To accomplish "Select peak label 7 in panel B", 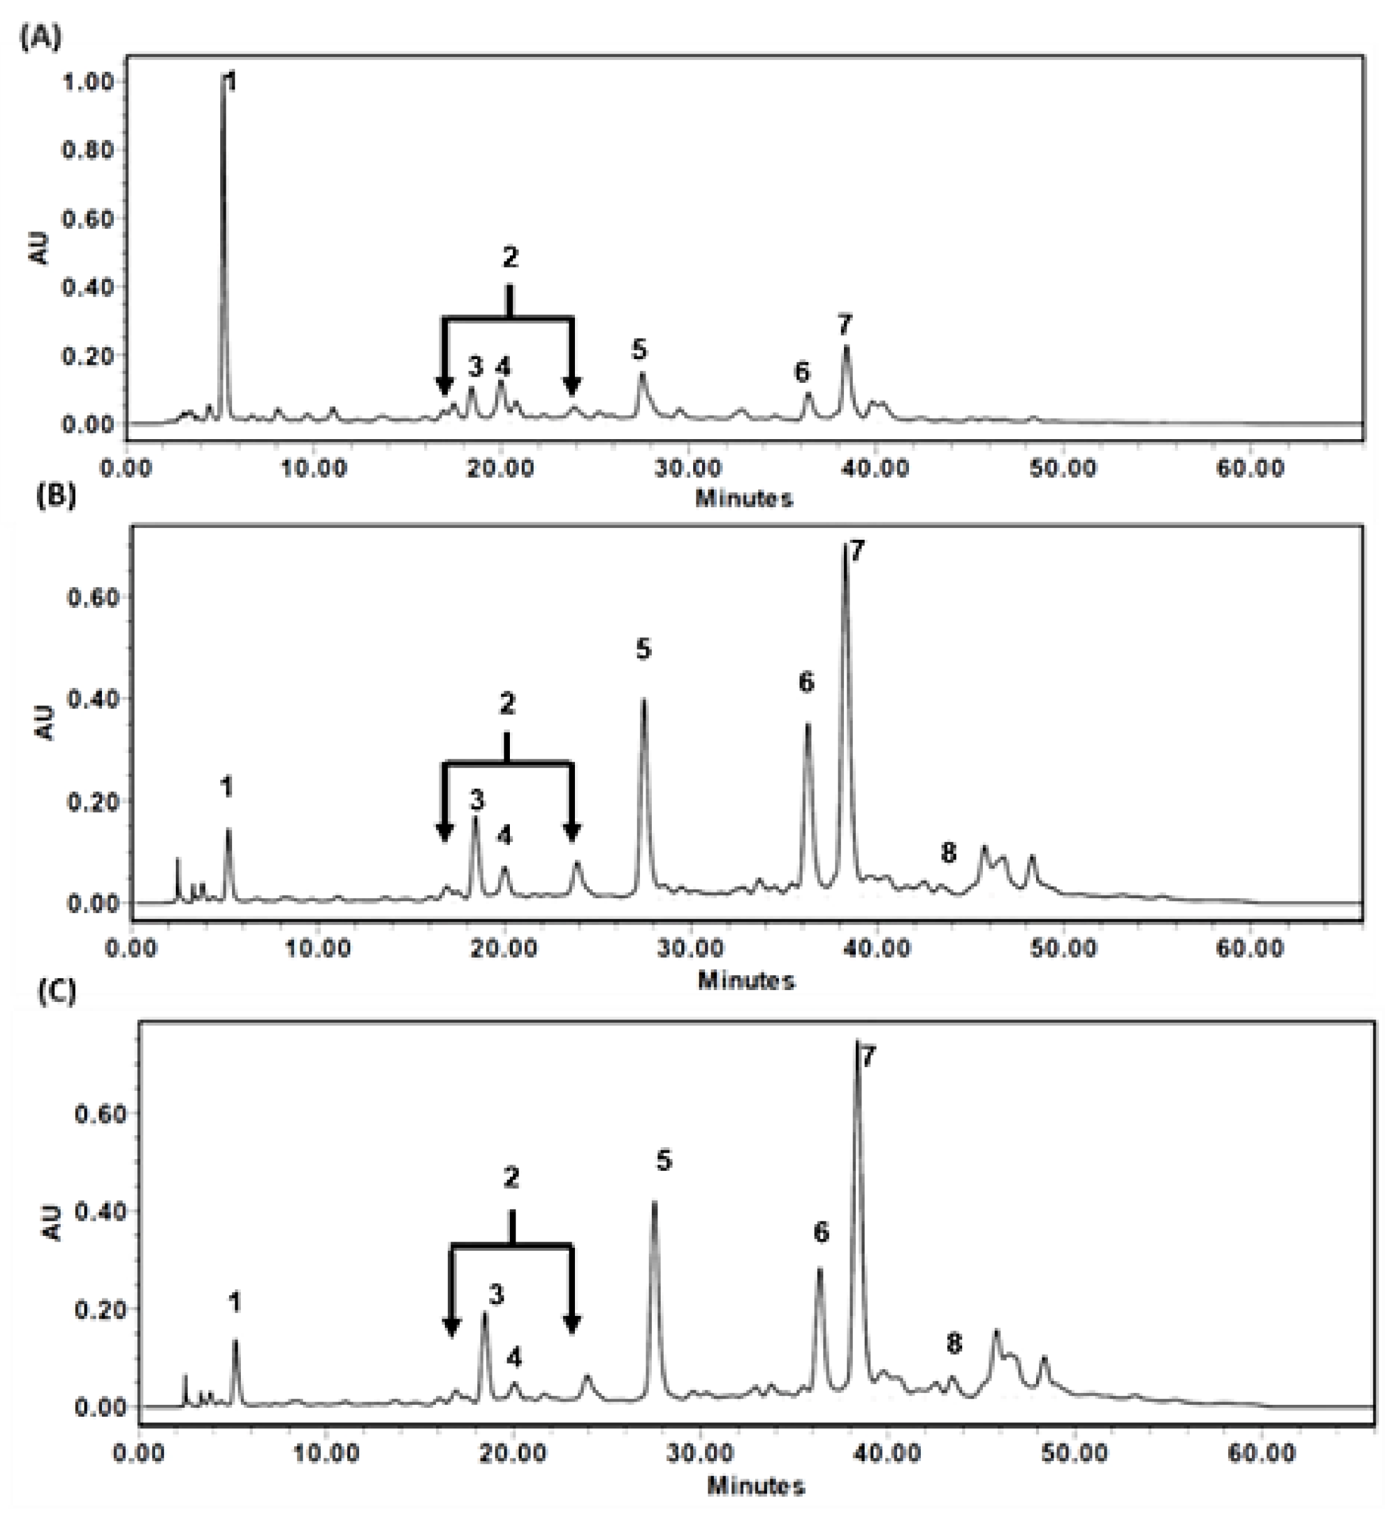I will (856, 552).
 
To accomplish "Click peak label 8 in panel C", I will (954, 1343).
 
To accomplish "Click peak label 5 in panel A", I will (639, 350).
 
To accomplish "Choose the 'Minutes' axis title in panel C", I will (755, 1486).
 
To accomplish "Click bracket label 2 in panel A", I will (511, 258).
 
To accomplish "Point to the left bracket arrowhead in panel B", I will (444, 831).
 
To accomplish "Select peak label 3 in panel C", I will (496, 1295).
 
